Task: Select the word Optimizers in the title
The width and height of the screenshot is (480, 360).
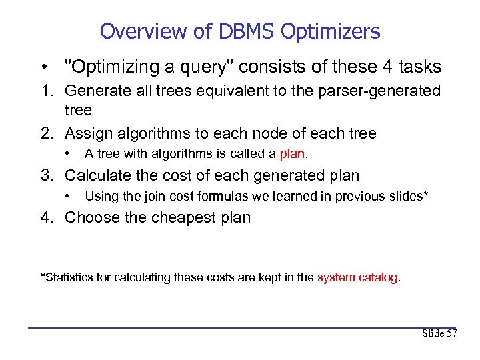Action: pos(331,31)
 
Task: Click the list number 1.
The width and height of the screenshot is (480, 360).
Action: pos(46,91)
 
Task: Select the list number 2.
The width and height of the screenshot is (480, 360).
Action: pos(46,133)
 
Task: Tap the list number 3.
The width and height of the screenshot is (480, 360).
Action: pos(46,176)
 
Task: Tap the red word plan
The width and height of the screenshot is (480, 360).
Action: pos(292,154)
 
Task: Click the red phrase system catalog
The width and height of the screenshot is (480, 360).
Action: pos(357,277)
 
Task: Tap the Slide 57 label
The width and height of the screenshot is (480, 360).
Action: pos(439,333)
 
